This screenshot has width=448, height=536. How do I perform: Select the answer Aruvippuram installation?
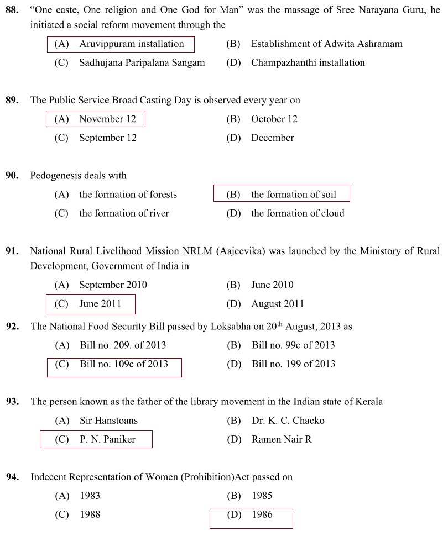point(131,44)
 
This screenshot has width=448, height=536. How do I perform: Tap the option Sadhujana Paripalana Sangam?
point(142,63)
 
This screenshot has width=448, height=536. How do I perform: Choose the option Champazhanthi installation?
point(308,63)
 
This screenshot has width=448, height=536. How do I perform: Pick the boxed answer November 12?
point(107,119)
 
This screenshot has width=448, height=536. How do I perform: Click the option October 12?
point(274,119)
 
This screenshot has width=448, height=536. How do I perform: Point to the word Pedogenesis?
point(56,176)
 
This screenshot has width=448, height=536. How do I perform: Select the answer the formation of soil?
point(293,195)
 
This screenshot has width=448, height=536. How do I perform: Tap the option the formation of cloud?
point(298,213)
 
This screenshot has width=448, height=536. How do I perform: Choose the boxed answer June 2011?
point(100,304)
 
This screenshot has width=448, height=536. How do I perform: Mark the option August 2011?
point(278,304)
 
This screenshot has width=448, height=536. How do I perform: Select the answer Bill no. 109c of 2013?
point(123,364)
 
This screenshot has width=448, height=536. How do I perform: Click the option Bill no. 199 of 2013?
point(293,364)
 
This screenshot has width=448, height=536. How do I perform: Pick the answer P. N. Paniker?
point(107,440)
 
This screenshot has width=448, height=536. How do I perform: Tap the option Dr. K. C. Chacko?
point(288,421)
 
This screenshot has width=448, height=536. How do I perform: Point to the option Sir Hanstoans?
point(108,421)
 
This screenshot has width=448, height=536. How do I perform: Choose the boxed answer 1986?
point(262,515)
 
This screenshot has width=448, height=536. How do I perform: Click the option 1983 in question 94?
point(90,496)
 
